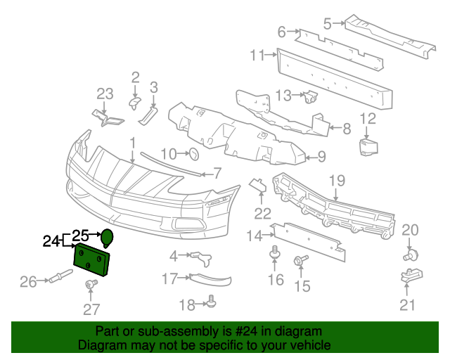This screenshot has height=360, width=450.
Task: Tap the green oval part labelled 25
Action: click(107, 238)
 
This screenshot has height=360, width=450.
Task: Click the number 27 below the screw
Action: click(91, 308)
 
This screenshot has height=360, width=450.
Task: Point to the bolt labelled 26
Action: click(55, 281)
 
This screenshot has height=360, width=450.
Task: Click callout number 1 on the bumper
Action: click(131, 145)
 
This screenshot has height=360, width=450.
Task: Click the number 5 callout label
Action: click(327, 23)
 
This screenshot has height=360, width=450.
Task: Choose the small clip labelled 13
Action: click(310, 96)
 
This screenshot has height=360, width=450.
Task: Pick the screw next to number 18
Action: click(211, 303)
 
